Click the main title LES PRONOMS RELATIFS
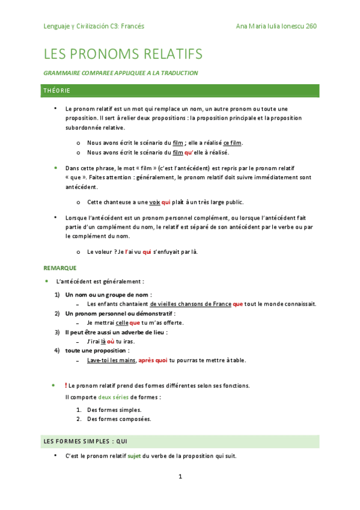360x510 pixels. (x=123, y=54)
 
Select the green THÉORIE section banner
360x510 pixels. (x=180, y=91)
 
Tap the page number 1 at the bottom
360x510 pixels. (x=180, y=477)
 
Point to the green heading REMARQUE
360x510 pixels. (x=60, y=268)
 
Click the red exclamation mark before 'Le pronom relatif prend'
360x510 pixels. (x=66, y=385)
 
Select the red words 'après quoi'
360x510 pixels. (x=153, y=360)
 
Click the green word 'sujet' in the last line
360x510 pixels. (x=135, y=456)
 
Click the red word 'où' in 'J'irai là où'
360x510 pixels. (x=111, y=341)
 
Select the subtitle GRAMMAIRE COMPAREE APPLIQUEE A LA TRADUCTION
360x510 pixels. (x=121, y=73)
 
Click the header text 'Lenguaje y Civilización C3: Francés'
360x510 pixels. (x=94, y=26)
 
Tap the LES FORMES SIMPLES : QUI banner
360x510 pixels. (x=180, y=441)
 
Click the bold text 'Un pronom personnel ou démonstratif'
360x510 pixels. (x=120, y=313)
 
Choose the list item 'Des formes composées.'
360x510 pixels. (x=119, y=419)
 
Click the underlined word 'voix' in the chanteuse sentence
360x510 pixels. (x=155, y=201)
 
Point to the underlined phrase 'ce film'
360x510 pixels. (x=232, y=143)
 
